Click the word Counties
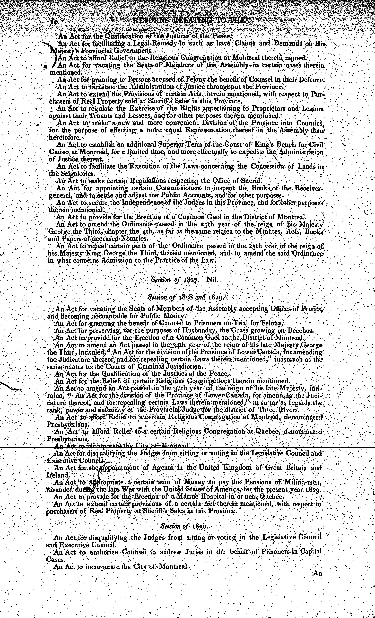(x=310, y=123)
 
